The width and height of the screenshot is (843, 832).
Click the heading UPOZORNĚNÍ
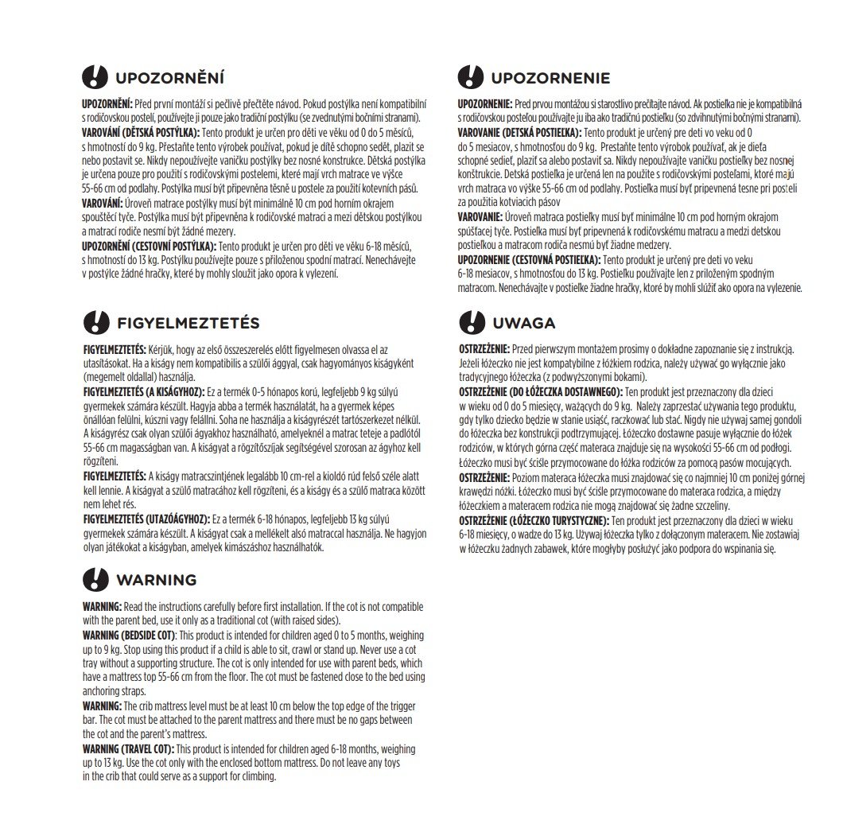click(x=169, y=78)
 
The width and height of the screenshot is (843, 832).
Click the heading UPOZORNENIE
click(x=550, y=78)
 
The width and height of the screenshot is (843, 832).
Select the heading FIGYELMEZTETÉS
click(x=188, y=323)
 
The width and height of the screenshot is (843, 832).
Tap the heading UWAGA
click(x=523, y=323)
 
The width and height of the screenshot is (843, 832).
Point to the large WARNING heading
click(x=156, y=579)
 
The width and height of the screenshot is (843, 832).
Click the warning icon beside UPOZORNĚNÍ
click(x=95, y=77)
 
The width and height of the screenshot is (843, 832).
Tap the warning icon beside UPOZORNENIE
click(x=472, y=77)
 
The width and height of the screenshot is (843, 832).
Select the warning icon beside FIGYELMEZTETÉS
click(x=95, y=323)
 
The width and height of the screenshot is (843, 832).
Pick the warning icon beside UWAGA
click(x=472, y=323)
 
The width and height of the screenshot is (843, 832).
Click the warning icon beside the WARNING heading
click(x=95, y=579)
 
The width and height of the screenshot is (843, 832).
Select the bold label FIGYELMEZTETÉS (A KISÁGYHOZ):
click(x=144, y=392)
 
